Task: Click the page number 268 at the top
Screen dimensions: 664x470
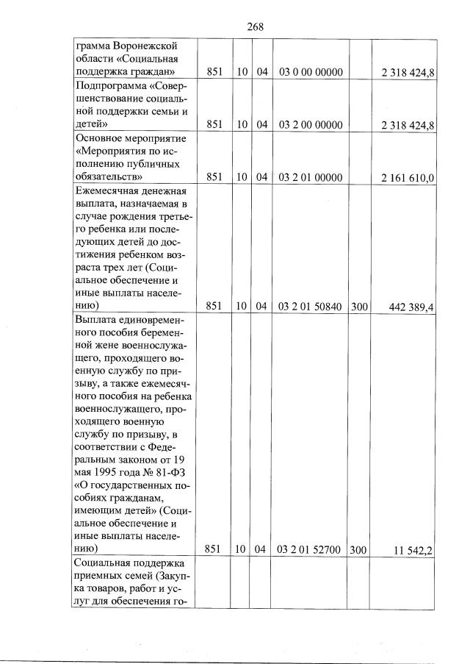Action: pyautogui.click(x=255, y=26)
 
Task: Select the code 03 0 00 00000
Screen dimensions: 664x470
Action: pyautogui.click(x=311, y=72)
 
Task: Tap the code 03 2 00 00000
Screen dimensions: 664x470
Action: pyautogui.click(x=311, y=125)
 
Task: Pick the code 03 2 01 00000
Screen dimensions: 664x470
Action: pyautogui.click(x=311, y=178)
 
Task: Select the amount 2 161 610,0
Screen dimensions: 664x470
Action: pyautogui.click(x=408, y=179)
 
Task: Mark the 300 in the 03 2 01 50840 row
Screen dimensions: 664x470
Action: pyautogui.click(x=359, y=305)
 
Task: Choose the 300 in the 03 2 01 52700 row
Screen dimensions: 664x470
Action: pyautogui.click(x=359, y=549)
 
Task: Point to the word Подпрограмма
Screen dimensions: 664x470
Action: pyautogui.click(x=110, y=85)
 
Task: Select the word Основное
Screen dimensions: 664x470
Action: pyautogui.click(x=99, y=138)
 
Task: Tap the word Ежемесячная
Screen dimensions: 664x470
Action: pyautogui.click(x=108, y=191)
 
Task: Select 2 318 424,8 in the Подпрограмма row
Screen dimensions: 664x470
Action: pyautogui.click(x=408, y=126)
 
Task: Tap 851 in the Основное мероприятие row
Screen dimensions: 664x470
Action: pyautogui.click(x=214, y=178)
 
